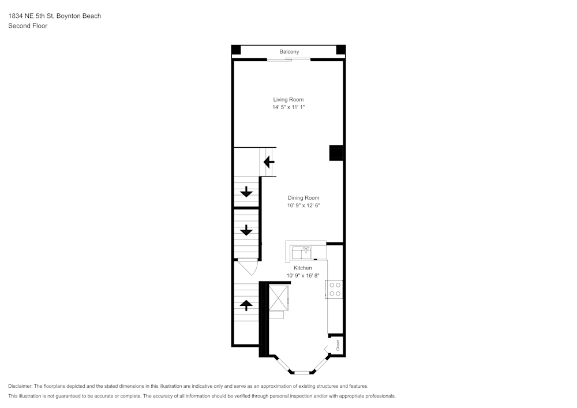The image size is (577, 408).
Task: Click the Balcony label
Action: tap(289, 52)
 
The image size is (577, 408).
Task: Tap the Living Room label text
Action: tap(288, 100)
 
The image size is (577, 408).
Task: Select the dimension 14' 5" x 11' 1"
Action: tap(288, 107)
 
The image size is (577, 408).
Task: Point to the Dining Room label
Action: tap(304, 198)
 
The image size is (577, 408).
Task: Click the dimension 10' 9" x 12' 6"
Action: tap(304, 205)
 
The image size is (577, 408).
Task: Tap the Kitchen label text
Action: tap(303, 268)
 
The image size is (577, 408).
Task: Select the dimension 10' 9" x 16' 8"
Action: tap(303, 276)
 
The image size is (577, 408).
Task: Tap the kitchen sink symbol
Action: tap(301, 252)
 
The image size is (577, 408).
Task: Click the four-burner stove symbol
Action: tap(335, 289)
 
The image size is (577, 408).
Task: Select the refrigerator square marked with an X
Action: tap(280, 297)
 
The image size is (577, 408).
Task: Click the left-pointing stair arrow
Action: tap(269, 162)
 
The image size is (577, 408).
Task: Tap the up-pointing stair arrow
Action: tap(246, 305)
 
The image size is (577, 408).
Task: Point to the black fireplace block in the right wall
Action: tap(337, 153)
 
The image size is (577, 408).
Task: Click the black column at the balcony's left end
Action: tap(236, 50)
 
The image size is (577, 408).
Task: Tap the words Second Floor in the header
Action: tap(28, 26)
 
